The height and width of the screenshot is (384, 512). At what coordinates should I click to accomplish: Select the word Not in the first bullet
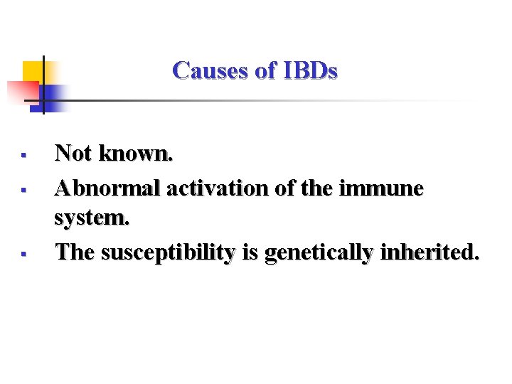coord(74,152)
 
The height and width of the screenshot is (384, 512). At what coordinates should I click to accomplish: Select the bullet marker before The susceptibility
coord(23,253)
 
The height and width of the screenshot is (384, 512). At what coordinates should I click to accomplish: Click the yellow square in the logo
coord(33,72)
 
